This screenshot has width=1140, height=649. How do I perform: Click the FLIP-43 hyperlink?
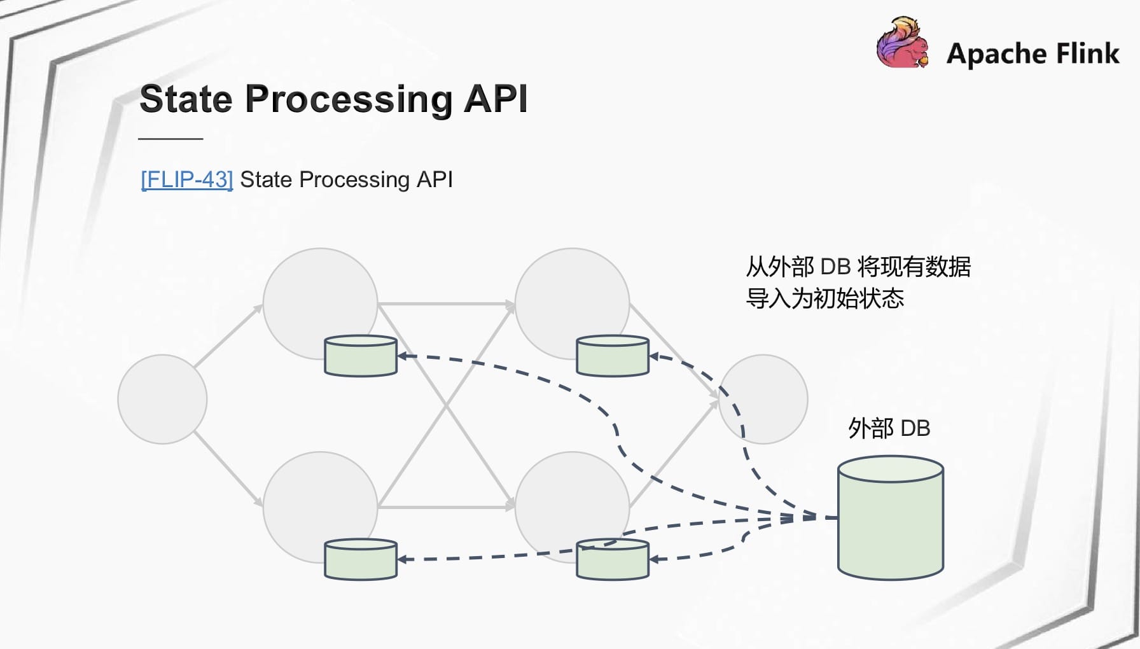tap(187, 179)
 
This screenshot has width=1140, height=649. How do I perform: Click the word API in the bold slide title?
tap(496, 99)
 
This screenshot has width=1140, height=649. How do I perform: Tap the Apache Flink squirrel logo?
tap(902, 43)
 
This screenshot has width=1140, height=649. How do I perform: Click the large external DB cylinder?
tap(891, 517)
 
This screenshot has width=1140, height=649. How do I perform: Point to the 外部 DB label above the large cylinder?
tap(889, 428)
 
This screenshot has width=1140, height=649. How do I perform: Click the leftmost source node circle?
tap(162, 399)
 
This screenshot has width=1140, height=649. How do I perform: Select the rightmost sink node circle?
tap(763, 399)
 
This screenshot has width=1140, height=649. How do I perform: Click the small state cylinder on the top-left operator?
tap(361, 356)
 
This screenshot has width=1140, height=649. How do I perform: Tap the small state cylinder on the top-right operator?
tap(613, 356)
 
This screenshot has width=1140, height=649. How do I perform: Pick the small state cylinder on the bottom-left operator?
tap(361, 559)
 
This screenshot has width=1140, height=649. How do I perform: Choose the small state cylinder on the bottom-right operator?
tap(613, 559)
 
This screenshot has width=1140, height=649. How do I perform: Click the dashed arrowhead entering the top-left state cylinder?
tap(403, 356)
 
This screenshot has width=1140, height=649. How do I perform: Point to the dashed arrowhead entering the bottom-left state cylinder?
tap(403, 559)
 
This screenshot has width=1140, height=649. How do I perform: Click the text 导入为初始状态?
tap(824, 298)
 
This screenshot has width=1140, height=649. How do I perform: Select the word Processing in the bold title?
tap(348, 100)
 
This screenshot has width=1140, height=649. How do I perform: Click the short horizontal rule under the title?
tap(170, 138)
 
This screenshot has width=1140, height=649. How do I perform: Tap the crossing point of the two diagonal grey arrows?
tap(446, 405)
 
